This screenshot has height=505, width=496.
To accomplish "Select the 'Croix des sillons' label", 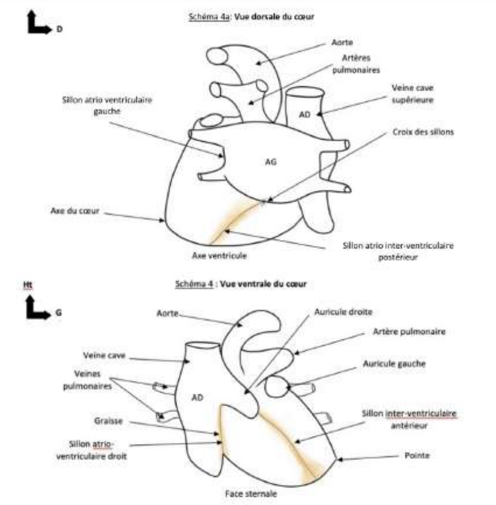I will point(423,132).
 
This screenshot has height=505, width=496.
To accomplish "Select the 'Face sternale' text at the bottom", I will point(247,492).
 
